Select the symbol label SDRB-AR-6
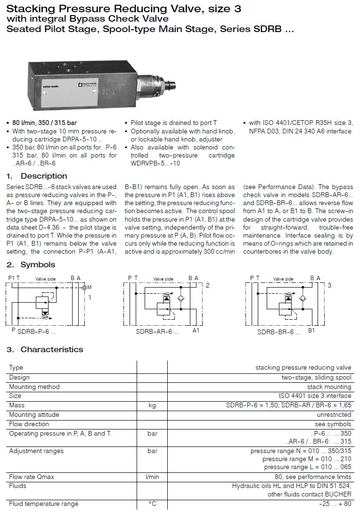point(157,332)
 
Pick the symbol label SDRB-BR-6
point(278,332)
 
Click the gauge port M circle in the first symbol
point(84,288)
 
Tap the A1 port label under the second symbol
point(196,331)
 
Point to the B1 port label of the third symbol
point(311,331)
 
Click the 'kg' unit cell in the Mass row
point(152,405)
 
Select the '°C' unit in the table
point(152,504)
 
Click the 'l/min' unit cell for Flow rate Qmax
point(152,477)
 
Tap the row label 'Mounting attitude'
point(34,415)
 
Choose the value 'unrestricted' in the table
point(334,415)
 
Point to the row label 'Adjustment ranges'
point(36,451)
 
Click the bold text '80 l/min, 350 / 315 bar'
point(45,124)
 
